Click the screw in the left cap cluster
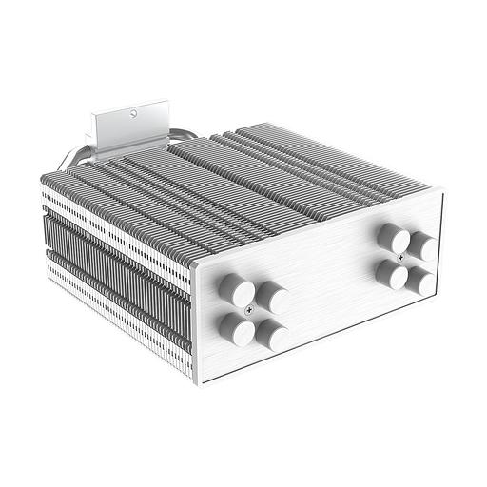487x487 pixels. (x=251, y=310)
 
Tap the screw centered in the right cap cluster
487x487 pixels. (x=403, y=257)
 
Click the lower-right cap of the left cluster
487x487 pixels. (x=274, y=335)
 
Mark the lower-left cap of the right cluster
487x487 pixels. (x=387, y=274)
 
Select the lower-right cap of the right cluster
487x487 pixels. (x=417, y=280)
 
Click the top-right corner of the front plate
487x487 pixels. (x=443, y=190)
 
